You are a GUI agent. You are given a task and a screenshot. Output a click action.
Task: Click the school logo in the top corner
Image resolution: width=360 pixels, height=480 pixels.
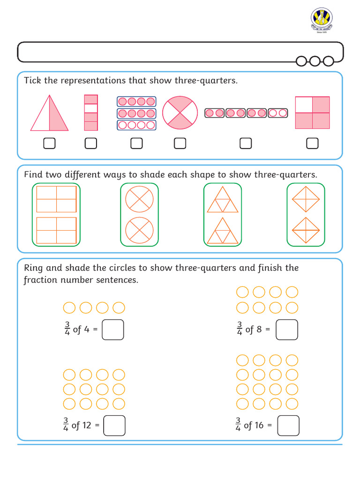coord(322,21)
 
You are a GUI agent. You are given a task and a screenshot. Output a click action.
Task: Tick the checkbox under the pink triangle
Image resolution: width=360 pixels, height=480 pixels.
coord(49,143)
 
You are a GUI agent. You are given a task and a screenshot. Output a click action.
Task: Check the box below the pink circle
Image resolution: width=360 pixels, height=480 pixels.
coord(180,143)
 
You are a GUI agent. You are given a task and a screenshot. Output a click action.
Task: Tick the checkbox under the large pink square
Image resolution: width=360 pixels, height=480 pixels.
coord(312,143)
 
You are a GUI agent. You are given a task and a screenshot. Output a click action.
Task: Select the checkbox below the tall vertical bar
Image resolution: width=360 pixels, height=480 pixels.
coord(91,143)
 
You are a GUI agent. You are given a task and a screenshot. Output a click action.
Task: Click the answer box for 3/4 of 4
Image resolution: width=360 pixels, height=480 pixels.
coord(113,330)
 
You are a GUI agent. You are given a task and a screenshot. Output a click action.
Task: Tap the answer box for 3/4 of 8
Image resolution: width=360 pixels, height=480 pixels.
coord(287,330)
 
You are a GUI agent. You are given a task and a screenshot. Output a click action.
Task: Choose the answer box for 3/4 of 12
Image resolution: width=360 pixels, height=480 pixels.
coord(114,426)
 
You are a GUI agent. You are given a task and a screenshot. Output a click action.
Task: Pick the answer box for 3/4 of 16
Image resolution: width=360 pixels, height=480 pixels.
coord(288,426)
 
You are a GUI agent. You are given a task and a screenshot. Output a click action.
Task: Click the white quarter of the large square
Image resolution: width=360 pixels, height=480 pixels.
coord(304,105)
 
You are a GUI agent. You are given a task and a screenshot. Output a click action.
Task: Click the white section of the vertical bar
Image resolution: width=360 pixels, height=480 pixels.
coord(91,108)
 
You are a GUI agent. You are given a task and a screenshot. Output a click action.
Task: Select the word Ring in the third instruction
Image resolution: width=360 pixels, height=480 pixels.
coord(34,268)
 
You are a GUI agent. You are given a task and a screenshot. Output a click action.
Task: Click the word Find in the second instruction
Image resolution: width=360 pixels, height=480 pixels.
coord(33,175)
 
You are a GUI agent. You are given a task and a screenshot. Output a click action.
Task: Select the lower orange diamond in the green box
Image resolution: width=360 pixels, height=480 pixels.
coord(306,231)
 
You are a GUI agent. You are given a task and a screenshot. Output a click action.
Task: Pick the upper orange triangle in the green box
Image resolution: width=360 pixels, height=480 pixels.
coord(223,201)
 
